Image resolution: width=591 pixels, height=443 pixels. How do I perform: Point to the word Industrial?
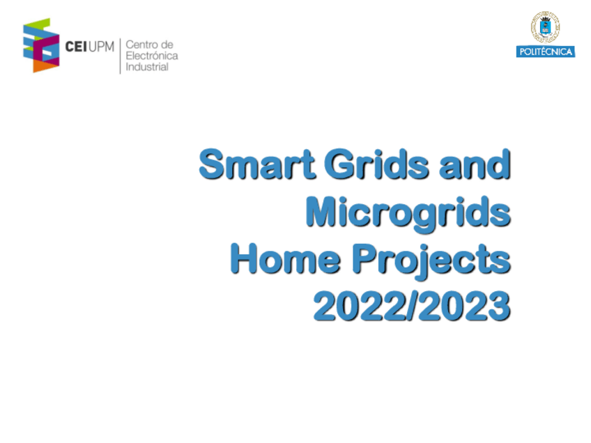146,67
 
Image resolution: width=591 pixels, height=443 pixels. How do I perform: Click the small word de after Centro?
167,45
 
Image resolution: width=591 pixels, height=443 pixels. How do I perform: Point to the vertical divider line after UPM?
121,56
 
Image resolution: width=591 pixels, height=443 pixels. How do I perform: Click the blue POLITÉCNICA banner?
545,52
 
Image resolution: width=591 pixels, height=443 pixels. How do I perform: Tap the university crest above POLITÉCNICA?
545,28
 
